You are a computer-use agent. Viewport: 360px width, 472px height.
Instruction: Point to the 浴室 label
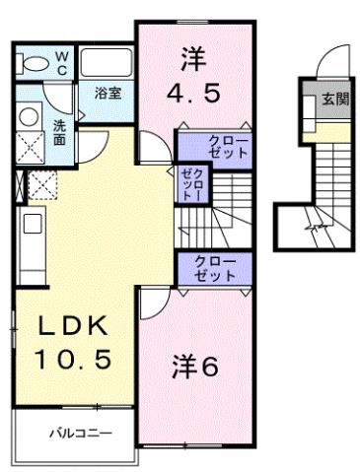[108, 94]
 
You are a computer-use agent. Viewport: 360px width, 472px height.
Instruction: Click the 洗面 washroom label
[60, 131]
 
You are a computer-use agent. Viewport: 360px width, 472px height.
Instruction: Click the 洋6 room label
[197, 366]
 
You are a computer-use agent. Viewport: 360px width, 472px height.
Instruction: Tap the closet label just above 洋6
[215, 268]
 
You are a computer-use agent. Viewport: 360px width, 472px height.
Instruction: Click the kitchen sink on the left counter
[32, 224]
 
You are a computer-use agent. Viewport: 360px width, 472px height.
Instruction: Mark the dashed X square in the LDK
[44, 184]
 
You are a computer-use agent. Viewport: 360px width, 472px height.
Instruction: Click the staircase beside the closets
[231, 206]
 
